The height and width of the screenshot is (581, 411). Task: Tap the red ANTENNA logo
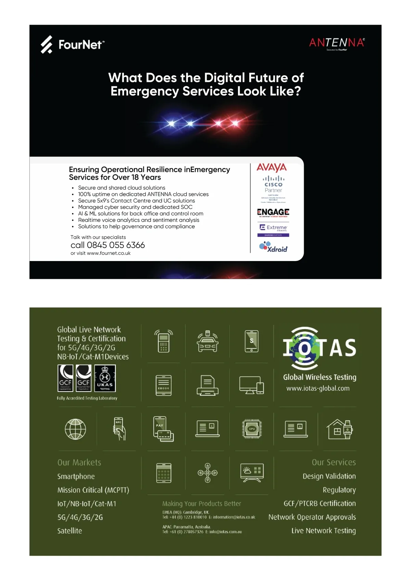(337, 43)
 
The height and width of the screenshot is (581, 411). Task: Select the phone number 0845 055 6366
(108, 245)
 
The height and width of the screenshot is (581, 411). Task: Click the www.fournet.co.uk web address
(109, 253)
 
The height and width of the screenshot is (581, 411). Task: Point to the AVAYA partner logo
(272, 168)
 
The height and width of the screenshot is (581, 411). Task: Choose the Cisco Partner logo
(273, 184)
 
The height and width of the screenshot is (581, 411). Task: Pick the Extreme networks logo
(273, 228)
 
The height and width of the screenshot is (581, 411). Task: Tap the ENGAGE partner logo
(273, 212)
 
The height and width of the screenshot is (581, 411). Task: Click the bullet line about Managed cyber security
(135, 207)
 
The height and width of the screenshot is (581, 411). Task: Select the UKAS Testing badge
(105, 378)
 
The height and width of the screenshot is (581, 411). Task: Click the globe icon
(75, 429)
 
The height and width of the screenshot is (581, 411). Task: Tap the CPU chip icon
(252, 429)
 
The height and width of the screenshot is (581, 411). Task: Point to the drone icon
(208, 473)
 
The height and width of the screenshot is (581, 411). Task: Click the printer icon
(208, 385)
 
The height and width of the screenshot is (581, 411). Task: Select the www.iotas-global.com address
(318, 388)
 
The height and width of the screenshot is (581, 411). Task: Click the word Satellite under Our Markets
(70, 531)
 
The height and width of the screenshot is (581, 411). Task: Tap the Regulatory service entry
(339, 490)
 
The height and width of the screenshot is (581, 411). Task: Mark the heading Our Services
(334, 462)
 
